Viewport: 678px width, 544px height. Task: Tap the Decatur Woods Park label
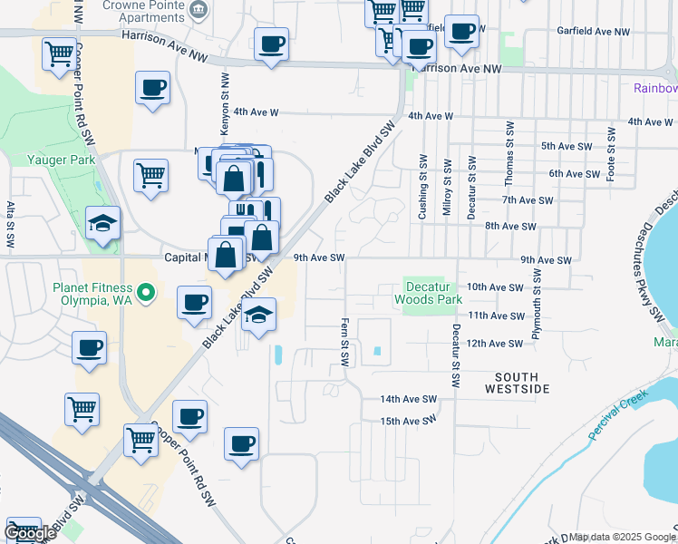pos(429,292)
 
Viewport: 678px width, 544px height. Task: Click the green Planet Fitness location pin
pos(152,292)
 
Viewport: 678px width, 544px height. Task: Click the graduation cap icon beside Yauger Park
pos(103,222)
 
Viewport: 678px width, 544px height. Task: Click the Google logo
pos(30,533)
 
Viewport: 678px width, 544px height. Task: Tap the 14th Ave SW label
pos(408,399)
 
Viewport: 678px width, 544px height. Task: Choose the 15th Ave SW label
pos(408,422)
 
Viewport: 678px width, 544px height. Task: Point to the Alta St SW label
pos(11,225)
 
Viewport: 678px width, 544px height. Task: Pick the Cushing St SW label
pos(422,186)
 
